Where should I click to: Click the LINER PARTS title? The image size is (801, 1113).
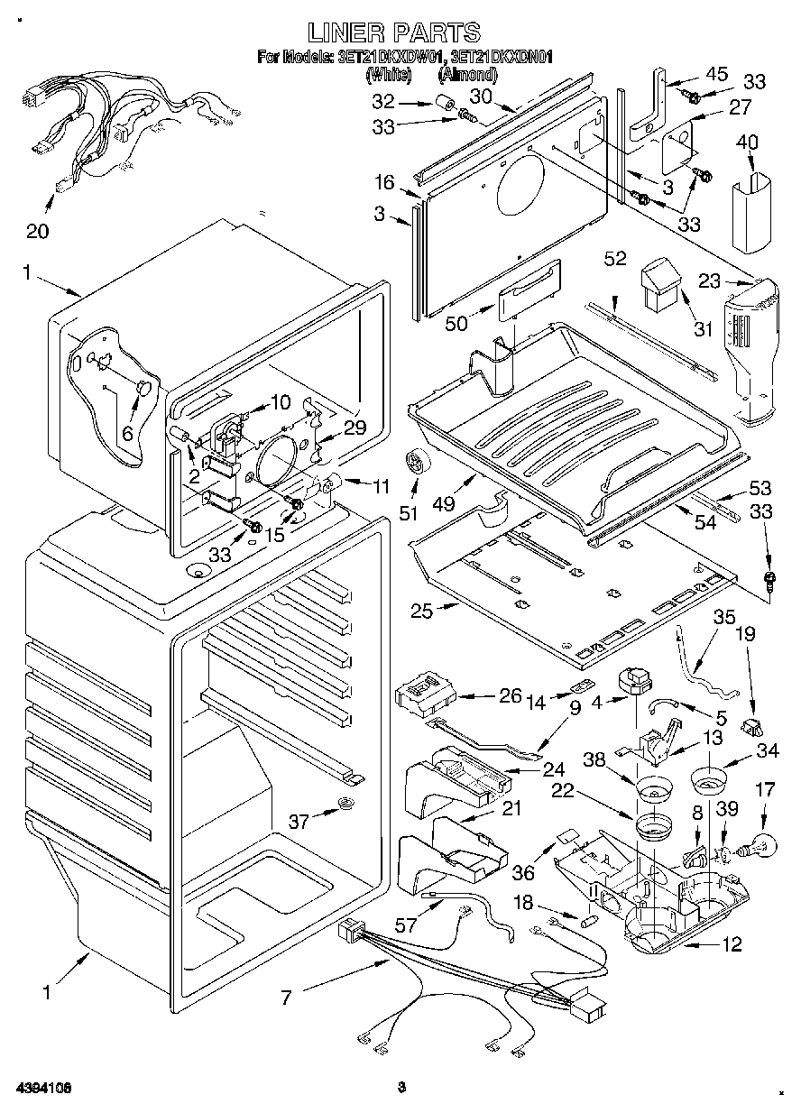(x=394, y=33)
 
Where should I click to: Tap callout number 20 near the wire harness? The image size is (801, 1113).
(x=37, y=231)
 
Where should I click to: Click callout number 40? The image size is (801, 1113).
(x=747, y=143)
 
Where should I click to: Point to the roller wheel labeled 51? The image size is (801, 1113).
(x=417, y=464)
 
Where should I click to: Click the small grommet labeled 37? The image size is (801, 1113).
(x=345, y=805)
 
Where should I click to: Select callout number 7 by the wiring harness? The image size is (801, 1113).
(x=287, y=998)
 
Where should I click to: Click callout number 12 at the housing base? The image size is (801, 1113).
(x=732, y=944)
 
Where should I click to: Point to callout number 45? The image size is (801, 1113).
(x=716, y=74)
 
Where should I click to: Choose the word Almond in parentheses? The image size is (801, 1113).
(x=467, y=76)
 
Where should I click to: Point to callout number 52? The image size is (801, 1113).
(x=615, y=261)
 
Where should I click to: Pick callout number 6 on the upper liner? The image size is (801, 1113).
(x=127, y=433)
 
